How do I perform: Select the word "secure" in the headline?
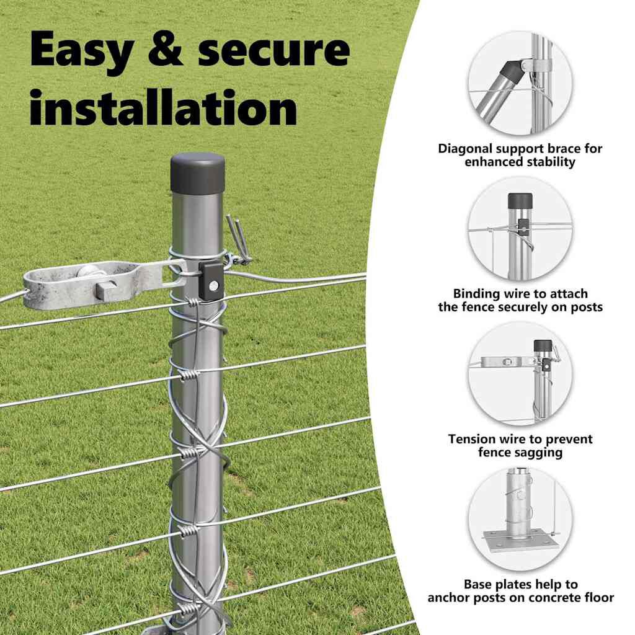273,51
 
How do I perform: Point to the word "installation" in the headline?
163,107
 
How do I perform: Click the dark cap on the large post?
197,174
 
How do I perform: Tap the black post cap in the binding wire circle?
520,200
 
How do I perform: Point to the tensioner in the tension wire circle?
508,362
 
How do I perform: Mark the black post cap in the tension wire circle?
543,345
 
